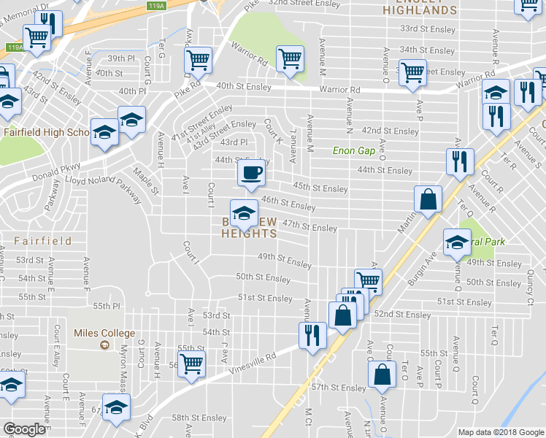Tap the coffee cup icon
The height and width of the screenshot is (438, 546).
(x=252, y=172)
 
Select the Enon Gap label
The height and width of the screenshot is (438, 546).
(x=353, y=150)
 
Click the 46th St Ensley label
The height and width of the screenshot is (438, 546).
(x=288, y=203)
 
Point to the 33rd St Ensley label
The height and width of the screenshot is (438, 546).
(x=428, y=28)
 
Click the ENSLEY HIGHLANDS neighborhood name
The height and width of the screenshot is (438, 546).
(x=420, y=8)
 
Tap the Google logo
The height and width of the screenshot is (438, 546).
(x=26, y=429)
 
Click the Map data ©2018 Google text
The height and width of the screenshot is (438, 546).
(x=501, y=432)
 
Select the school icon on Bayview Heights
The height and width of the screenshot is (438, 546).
(x=244, y=213)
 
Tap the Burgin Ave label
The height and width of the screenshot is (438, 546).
(x=438, y=256)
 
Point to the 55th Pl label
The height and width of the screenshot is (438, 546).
(x=106, y=306)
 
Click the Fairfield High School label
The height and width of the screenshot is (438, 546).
(x=44, y=132)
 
